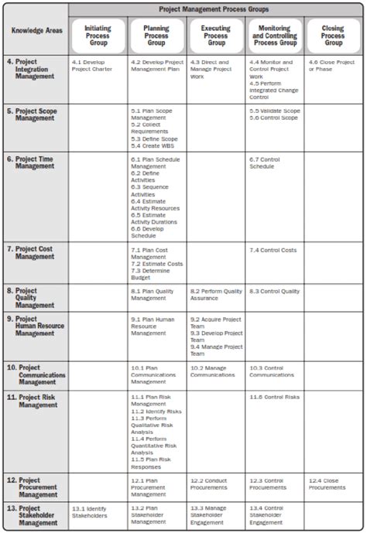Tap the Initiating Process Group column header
pyautogui.click(x=98, y=34)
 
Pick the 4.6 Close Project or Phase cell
pyautogui.click(x=331, y=65)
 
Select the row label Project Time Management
pyautogui.click(x=36, y=163)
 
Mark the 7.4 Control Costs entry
pyautogui.click(x=273, y=251)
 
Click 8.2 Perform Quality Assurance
pyautogui.click(x=214, y=294)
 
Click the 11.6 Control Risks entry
pyautogui.click(x=274, y=396)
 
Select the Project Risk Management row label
pyautogui.click(x=36, y=400)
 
